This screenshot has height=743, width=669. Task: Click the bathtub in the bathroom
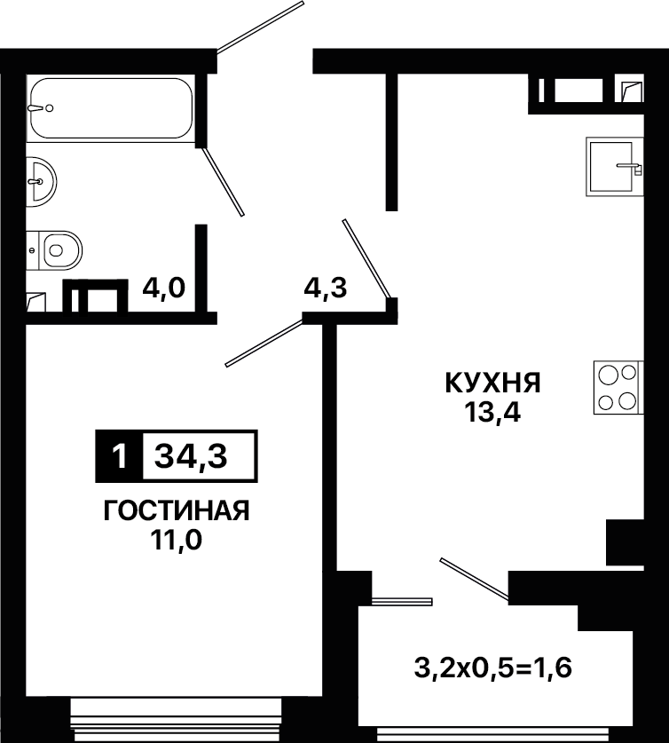click(x=111, y=108)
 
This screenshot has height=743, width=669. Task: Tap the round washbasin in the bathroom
click(x=41, y=181)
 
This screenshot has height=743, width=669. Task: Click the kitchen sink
click(x=614, y=167)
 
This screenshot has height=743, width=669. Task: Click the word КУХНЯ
click(x=492, y=383)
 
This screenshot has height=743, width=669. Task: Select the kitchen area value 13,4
click(x=492, y=412)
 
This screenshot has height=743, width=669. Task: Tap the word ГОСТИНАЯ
click(x=177, y=510)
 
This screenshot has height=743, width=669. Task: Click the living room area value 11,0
click(x=177, y=540)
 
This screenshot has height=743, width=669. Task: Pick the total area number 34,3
click(x=192, y=457)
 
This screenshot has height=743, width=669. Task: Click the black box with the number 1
click(x=119, y=456)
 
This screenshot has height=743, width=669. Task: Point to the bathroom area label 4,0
click(x=163, y=288)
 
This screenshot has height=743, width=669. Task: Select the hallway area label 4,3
click(x=326, y=288)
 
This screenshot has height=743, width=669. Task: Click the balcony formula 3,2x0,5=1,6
click(x=492, y=668)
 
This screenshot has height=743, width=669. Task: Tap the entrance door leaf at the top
click(x=260, y=26)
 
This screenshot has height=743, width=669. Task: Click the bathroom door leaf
click(x=223, y=181)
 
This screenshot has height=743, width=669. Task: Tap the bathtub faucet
click(x=41, y=108)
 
